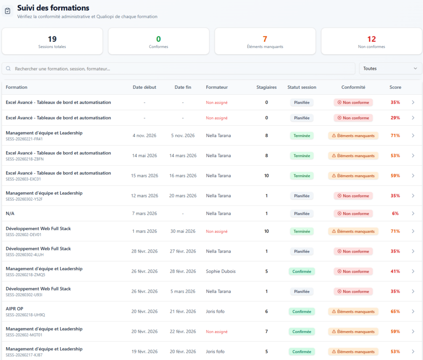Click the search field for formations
pyautogui.click(x=178, y=69)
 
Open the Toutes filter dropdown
pyautogui.click(x=390, y=69)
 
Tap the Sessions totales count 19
pyautogui.click(x=52, y=39)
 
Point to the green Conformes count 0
pyautogui.click(x=158, y=39)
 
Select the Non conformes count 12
pyautogui.click(x=371, y=39)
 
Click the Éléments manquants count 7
pyautogui.click(x=265, y=39)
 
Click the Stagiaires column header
pyautogui.click(x=266, y=87)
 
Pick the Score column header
pyautogui.click(x=395, y=87)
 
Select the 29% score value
pyautogui.click(x=395, y=118)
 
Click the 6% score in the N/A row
pyautogui.click(x=395, y=213)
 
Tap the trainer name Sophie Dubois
pyautogui.click(x=221, y=271)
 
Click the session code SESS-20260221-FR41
pyautogui.click(x=24, y=139)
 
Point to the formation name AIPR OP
pyautogui.click(x=14, y=308)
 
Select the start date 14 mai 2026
pyautogui.click(x=144, y=155)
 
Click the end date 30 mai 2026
pyautogui.click(x=183, y=231)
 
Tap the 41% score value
pyautogui.click(x=395, y=271)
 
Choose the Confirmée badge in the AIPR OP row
pyautogui.click(x=302, y=311)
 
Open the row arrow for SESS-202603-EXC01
pyautogui.click(x=413, y=175)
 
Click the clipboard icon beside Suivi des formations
pyautogui.click(x=7, y=11)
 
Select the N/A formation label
pyautogui.click(x=10, y=213)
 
